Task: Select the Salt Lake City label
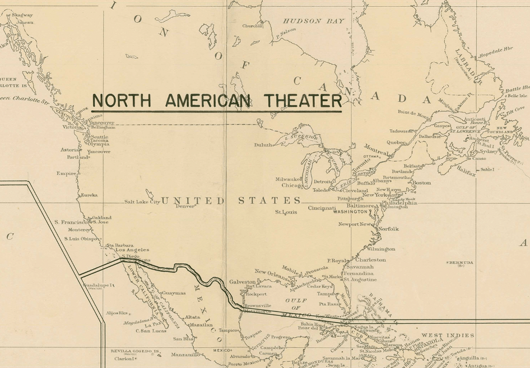tap(142, 201)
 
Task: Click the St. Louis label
tap(286, 213)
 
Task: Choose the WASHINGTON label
tap(354, 213)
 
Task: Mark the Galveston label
tap(241, 282)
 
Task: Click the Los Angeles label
tap(128, 250)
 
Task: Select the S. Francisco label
tap(72, 222)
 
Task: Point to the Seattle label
tap(100, 137)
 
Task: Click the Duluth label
tap(263, 145)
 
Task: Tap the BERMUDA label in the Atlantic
tap(461, 263)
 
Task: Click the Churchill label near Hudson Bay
tap(253, 26)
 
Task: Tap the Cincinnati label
tap(322, 208)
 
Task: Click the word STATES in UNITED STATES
tap(269, 200)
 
